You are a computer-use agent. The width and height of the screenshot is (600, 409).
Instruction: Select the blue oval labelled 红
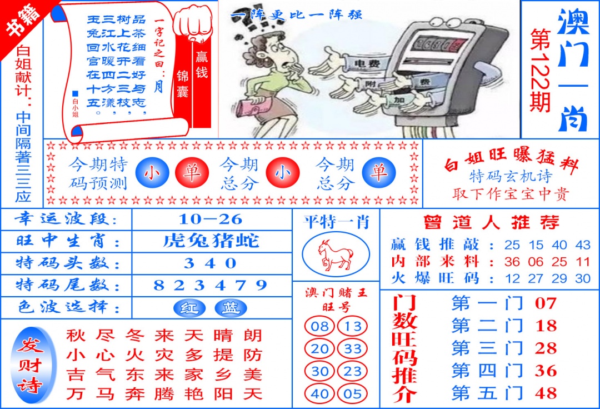(x=189, y=308)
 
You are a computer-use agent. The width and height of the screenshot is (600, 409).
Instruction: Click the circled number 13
(x=353, y=326)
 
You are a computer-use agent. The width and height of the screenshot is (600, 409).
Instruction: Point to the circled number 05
(x=353, y=394)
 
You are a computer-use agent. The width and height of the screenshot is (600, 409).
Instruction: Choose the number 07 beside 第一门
(x=546, y=303)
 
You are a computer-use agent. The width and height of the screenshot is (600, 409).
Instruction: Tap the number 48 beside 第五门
(x=546, y=393)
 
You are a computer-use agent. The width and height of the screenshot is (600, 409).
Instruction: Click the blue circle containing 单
(x=379, y=173)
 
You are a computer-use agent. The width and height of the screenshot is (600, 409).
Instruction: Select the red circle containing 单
(x=192, y=173)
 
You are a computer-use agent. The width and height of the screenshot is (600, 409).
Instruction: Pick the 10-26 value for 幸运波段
(x=212, y=218)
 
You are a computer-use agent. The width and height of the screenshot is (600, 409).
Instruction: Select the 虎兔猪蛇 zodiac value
(x=211, y=241)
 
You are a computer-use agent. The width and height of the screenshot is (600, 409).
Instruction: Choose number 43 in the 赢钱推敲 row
(x=583, y=245)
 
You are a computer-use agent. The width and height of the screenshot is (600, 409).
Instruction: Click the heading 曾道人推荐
(x=491, y=222)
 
